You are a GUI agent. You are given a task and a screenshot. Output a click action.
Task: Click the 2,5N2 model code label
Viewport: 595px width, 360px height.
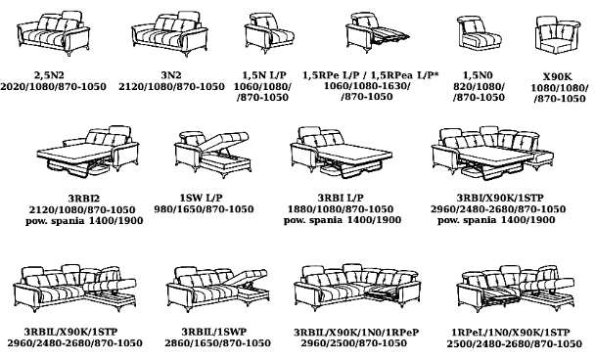49,75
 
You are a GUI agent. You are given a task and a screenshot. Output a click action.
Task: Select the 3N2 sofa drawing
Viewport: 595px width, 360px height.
169,34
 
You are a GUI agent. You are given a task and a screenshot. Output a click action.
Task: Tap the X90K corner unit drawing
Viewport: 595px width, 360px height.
558,34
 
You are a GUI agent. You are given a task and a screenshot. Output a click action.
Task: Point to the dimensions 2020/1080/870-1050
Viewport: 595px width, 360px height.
53,86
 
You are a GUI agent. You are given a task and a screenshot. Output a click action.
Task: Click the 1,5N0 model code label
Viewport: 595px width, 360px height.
479,75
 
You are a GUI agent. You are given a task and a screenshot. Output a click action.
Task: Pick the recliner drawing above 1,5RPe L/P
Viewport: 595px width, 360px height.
377,30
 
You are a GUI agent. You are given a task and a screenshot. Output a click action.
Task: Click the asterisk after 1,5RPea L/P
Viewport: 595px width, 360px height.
435,73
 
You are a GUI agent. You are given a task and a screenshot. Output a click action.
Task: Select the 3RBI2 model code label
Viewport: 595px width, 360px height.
84,199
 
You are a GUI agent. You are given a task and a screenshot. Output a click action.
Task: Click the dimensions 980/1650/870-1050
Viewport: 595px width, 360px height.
204,209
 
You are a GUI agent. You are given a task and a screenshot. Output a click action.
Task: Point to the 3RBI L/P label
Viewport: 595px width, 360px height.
341,198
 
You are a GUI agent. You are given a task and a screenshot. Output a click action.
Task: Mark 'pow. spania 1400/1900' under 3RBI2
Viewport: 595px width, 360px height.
84,221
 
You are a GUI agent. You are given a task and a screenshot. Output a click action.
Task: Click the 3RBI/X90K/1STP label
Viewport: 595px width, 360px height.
500,198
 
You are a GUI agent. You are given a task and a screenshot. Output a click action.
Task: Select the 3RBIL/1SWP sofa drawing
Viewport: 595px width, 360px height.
218,289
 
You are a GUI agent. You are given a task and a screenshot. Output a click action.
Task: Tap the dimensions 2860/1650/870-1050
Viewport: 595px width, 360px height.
217,343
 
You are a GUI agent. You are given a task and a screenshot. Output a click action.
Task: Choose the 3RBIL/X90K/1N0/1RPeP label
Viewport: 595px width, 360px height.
356,333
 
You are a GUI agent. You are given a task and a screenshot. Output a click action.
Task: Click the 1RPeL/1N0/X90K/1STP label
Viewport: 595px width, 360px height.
511,333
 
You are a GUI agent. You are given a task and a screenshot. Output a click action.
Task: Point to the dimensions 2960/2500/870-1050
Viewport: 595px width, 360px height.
353,343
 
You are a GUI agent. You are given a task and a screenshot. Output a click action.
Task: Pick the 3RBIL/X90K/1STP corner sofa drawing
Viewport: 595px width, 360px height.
74,289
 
